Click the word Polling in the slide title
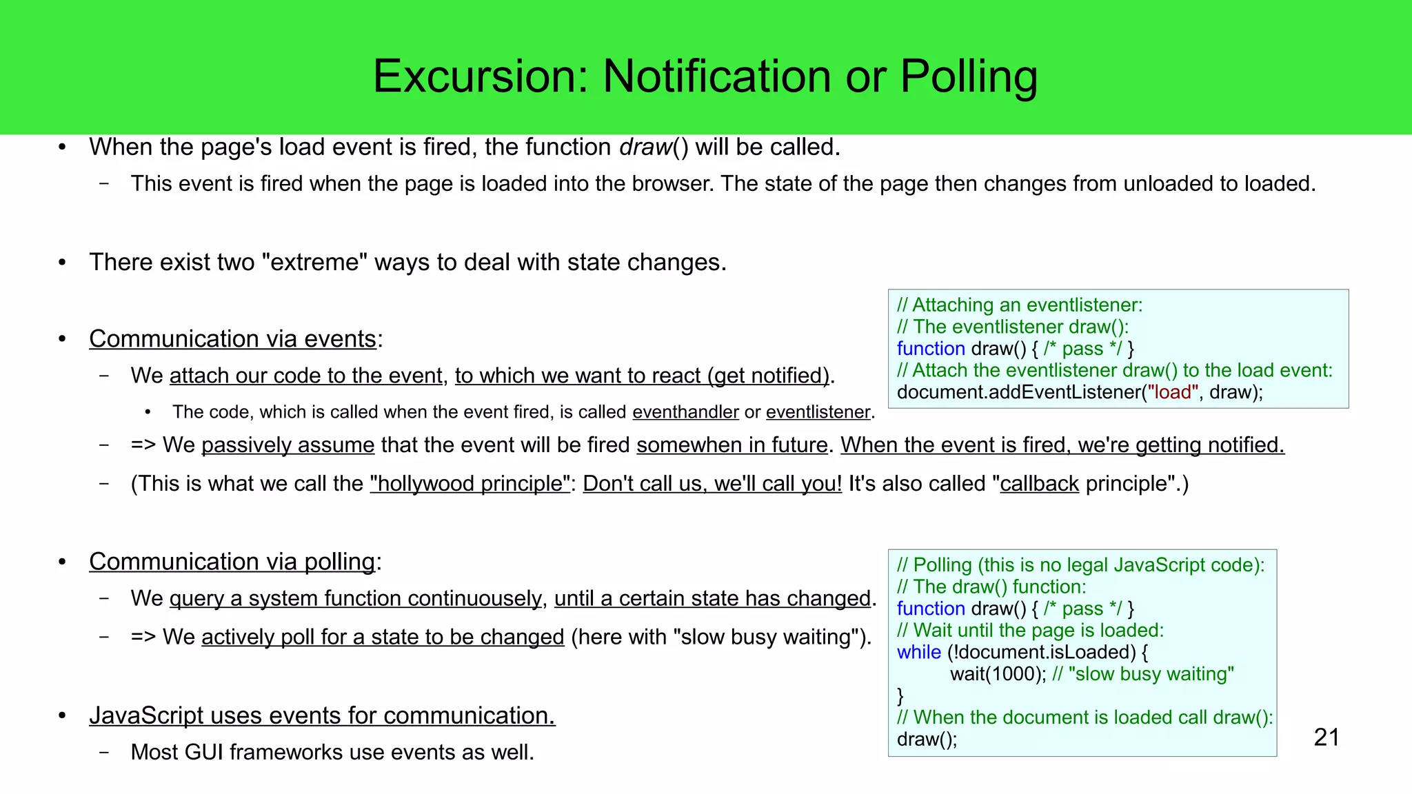pos(968,76)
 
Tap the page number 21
pos(1327,737)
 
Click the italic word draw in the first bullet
pos(645,147)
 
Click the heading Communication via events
pos(233,339)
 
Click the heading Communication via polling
pos(233,562)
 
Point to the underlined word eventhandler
pos(685,412)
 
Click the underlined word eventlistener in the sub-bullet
pos(818,412)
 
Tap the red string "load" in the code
pos(1172,392)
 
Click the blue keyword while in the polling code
pos(918,652)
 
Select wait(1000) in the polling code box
pos(998,674)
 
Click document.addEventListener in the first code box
pos(1018,392)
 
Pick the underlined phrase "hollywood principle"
pos(470,484)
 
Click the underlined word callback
pos(1039,484)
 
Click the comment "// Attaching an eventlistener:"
pos(1020,305)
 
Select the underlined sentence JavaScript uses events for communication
pos(322,716)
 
